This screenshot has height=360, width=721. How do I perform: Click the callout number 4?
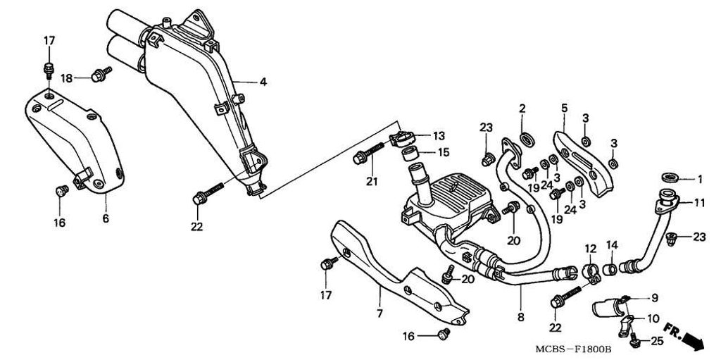coord(263,82)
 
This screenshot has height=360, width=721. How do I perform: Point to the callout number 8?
coord(521,318)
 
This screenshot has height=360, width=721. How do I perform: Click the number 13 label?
coord(439,135)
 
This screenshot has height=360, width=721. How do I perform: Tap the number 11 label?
coord(698,203)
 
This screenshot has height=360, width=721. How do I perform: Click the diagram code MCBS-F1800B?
coord(571,349)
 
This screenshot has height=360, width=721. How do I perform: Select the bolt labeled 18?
coord(99,73)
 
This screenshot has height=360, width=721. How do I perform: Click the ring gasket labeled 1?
coord(669,178)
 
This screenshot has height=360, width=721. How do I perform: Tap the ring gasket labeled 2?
coord(525,135)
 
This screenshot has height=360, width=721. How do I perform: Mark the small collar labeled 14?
coord(611,268)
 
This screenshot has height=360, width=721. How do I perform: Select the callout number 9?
coord(653,297)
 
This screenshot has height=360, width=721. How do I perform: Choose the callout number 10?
coord(653,318)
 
